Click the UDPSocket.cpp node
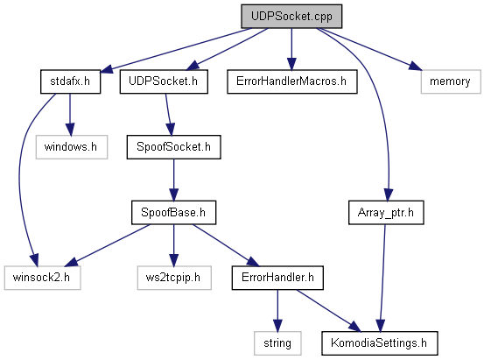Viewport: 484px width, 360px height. pos(291,17)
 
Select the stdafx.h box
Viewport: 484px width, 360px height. pos(70,81)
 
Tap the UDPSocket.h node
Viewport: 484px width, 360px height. pos(164,81)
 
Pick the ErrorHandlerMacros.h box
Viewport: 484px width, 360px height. pos(292,81)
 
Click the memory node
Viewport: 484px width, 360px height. pos(451,81)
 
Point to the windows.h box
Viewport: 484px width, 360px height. pos(72,147)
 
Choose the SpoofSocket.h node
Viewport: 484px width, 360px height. pos(174,147)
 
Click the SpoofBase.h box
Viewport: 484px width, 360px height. pos(174,213)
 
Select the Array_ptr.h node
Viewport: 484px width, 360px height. pos(386,213)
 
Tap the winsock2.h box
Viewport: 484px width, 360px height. pos(43,278)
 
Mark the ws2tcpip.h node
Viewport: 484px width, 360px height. pos(174,278)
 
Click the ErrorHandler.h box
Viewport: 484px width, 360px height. pos(277,278)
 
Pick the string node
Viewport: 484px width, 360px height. pos(277,343)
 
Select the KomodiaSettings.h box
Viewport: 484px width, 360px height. pos(380,343)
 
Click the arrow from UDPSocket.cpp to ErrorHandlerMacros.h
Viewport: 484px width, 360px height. pos(291,49)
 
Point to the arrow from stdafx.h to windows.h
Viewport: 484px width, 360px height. pos(70,115)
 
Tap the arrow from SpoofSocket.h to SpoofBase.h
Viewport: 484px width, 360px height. pos(173,180)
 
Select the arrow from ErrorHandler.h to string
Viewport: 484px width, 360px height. pos(277,311)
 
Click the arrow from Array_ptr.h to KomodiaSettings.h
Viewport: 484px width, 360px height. pos(382,279)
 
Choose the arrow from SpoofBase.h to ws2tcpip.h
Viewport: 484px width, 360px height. pos(173,245)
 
